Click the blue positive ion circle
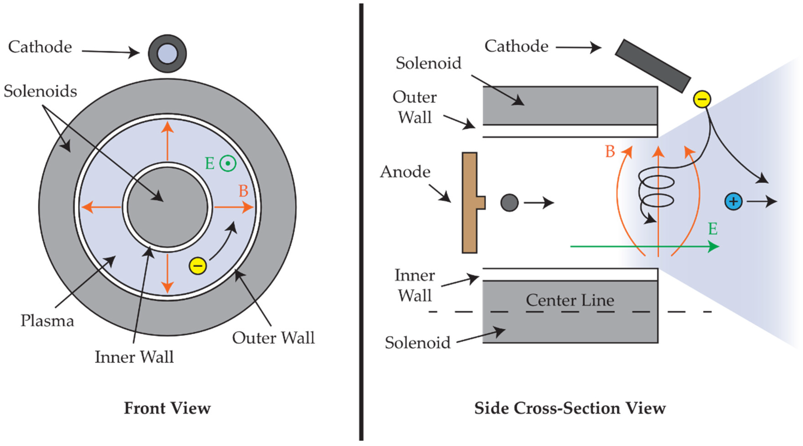[733, 201]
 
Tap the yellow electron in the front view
[198, 266]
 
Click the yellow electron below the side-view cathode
[702, 99]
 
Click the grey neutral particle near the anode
[509, 202]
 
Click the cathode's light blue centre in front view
[167, 54]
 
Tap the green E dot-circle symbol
[228, 163]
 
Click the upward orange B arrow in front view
[167, 140]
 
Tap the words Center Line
[570, 300]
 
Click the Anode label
[405, 172]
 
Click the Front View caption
[167, 408]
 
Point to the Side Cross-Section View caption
[570, 408]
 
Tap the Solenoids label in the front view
[40, 91]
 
